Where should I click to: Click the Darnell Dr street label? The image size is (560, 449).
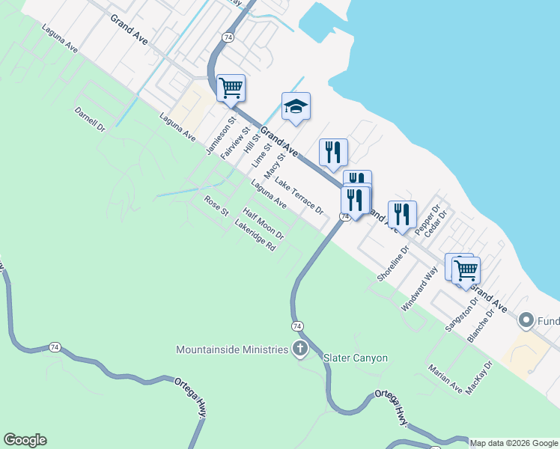(91, 120)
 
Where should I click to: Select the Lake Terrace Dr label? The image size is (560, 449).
(299, 196)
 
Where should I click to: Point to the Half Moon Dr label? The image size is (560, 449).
(264, 224)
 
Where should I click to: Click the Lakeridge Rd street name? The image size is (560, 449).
(255, 236)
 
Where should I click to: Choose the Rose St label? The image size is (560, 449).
(216, 205)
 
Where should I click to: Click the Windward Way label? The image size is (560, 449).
(419, 290)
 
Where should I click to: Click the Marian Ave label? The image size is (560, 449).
(445, 379)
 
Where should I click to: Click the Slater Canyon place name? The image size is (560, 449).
(355, 358)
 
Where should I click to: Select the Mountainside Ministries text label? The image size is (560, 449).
(232, 349)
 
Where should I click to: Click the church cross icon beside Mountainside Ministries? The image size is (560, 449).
(300, 349)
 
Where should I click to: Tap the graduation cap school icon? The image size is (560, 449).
(296, 108)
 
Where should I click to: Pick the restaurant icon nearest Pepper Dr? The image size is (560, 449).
(402, 215)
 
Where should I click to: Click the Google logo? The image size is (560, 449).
(25, 440)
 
